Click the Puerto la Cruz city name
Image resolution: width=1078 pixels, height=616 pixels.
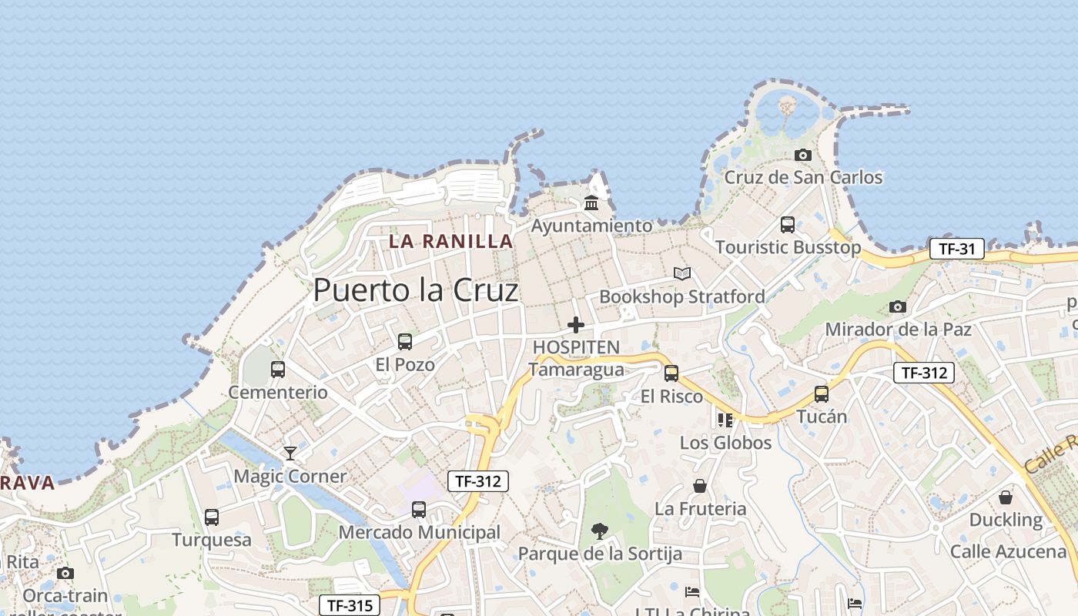(416, 290)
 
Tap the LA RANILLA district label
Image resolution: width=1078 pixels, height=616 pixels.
(450, 241)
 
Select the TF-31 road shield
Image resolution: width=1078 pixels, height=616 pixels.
(957, 249)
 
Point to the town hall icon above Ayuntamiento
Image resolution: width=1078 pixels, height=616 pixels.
(591, 203)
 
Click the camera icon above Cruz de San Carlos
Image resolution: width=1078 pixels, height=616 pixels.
(803, 155)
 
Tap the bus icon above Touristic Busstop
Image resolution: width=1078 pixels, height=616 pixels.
(788, 224)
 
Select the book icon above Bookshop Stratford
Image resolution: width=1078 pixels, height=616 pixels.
(682, 273)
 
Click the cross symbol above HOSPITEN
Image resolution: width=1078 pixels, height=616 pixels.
(576, 325)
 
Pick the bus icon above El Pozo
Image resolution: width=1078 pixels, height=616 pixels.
(405, 341)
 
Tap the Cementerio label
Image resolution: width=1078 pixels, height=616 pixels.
(278, 392)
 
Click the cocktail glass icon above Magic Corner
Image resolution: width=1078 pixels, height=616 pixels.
(290, 453)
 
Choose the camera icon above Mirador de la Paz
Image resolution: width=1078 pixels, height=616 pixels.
(898, 306)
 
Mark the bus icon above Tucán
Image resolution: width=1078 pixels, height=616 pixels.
(822, 393)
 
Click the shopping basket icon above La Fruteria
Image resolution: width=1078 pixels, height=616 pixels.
(700, 486)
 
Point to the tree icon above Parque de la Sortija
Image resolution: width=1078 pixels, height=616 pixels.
(600, 531)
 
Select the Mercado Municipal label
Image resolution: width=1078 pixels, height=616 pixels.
(420, 532)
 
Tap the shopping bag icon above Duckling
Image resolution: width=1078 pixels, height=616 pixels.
(1006, 497)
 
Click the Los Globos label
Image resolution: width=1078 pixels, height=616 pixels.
(725, 443)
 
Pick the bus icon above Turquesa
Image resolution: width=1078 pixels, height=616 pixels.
(212, 517)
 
